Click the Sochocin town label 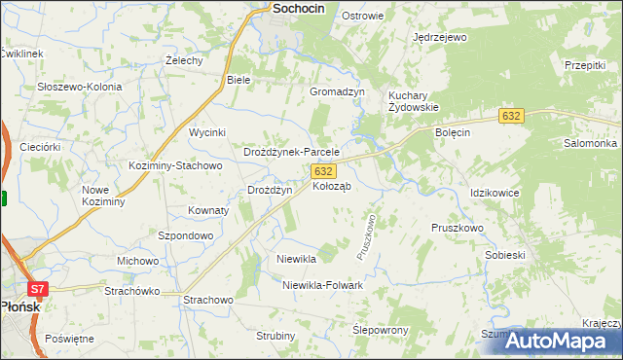coord(284,8)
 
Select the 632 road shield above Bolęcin coord(512,116)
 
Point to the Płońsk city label coord(19,305)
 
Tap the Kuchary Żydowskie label coord(415,101)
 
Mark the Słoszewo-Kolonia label coord(80,87)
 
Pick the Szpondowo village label coord(185,235)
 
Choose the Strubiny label coord(275,336)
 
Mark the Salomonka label coord(590,143)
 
